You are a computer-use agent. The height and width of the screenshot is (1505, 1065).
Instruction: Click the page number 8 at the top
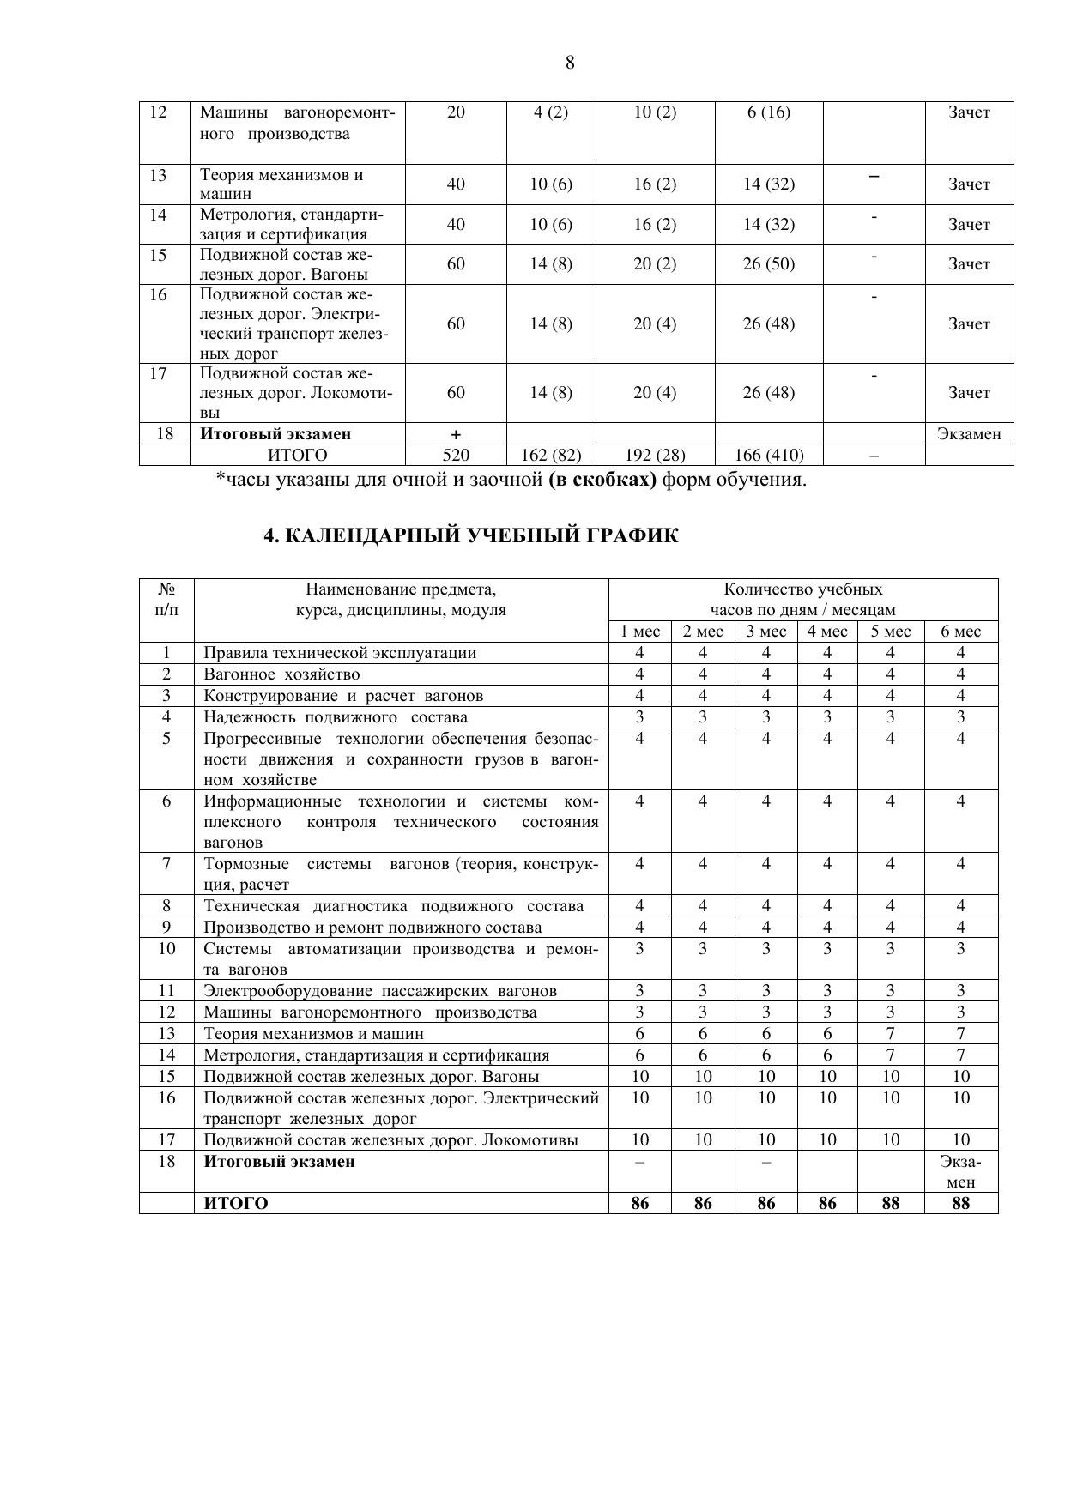(570, 63)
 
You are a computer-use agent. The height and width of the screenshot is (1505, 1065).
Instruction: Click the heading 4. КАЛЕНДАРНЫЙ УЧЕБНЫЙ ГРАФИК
(470, 536)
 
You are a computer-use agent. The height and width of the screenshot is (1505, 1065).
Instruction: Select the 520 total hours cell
(456, 456)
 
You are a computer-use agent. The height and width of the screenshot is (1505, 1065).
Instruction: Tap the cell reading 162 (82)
(551, 456)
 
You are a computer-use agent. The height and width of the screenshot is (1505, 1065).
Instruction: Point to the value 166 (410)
(768, 456)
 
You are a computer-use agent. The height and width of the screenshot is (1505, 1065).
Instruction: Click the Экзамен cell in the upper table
(969, 434)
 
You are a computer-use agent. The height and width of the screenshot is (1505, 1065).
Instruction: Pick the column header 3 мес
(765, 632)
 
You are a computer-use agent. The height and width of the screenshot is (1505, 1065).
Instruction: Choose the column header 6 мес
(960, 632)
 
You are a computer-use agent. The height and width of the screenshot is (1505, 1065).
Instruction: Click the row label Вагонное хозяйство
(281, 674)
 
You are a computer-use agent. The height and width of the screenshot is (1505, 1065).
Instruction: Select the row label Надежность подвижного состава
(336, 717)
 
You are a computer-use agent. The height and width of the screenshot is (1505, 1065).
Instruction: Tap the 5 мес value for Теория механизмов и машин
(890, 1034)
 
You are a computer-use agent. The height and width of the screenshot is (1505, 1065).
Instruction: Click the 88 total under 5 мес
(890, 1204)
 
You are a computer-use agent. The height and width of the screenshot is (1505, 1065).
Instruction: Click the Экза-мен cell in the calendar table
(960, 1172)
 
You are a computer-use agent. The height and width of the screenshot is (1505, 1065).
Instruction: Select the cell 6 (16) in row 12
(768, 112)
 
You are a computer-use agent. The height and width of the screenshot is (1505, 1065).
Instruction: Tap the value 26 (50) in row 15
(768, 264)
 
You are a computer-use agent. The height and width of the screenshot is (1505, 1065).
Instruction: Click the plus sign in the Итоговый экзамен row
(456, 435)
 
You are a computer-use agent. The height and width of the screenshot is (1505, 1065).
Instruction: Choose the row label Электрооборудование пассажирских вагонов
(380, 991)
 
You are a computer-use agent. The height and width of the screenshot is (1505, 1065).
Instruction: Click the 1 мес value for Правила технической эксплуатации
(639, 653)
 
